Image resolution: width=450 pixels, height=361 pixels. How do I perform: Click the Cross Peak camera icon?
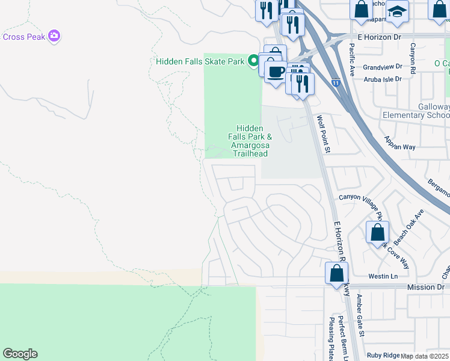(55, 36)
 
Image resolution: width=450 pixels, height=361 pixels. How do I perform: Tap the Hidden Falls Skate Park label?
(200, 61)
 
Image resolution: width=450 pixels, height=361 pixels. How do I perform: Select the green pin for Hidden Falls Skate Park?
(254, 61)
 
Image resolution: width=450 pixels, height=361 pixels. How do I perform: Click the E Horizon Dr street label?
(379, 37)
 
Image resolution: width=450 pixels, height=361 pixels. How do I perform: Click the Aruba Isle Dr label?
(386, 79)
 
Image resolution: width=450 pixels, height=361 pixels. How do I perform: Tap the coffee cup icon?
(276, 72)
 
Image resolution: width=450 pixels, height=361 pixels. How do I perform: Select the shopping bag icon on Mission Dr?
(336, 274)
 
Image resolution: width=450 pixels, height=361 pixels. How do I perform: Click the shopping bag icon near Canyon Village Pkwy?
(377, 233)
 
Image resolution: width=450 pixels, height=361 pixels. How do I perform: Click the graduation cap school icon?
(397, 12)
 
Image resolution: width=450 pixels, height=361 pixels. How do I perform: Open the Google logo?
(20, 354)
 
